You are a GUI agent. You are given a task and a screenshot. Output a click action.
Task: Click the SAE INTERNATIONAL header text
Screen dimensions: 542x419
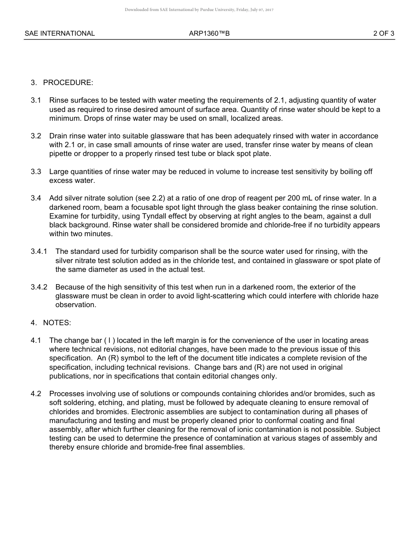tap(60, 33)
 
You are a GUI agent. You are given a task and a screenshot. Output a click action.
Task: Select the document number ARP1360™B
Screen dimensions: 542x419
tap(209, 33)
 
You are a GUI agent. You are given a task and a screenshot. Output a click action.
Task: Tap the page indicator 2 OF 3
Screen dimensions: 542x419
tap(384, 33)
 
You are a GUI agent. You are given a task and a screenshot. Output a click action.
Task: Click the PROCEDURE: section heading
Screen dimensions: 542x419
tap(68, 82)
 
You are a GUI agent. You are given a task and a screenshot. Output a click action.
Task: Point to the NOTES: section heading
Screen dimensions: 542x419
tap(57, 323)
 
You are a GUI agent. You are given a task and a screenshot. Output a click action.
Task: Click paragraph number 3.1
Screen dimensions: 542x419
tap(36, 100)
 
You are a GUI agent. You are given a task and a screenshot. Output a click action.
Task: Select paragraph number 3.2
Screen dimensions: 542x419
tap(36, 136)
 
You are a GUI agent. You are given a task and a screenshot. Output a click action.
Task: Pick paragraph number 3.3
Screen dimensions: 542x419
tap(36, 172)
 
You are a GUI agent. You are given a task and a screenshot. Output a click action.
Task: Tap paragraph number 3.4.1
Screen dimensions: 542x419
tap(39, 252)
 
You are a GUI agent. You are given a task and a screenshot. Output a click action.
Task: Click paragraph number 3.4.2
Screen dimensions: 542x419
tap(39, 287)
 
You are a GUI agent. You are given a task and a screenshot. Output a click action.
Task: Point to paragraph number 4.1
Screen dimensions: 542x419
tap(36, 341)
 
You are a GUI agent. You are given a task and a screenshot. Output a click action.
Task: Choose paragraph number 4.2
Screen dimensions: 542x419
tap(36, 394)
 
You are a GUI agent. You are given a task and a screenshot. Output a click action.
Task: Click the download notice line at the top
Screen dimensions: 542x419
tap(199, 10)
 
